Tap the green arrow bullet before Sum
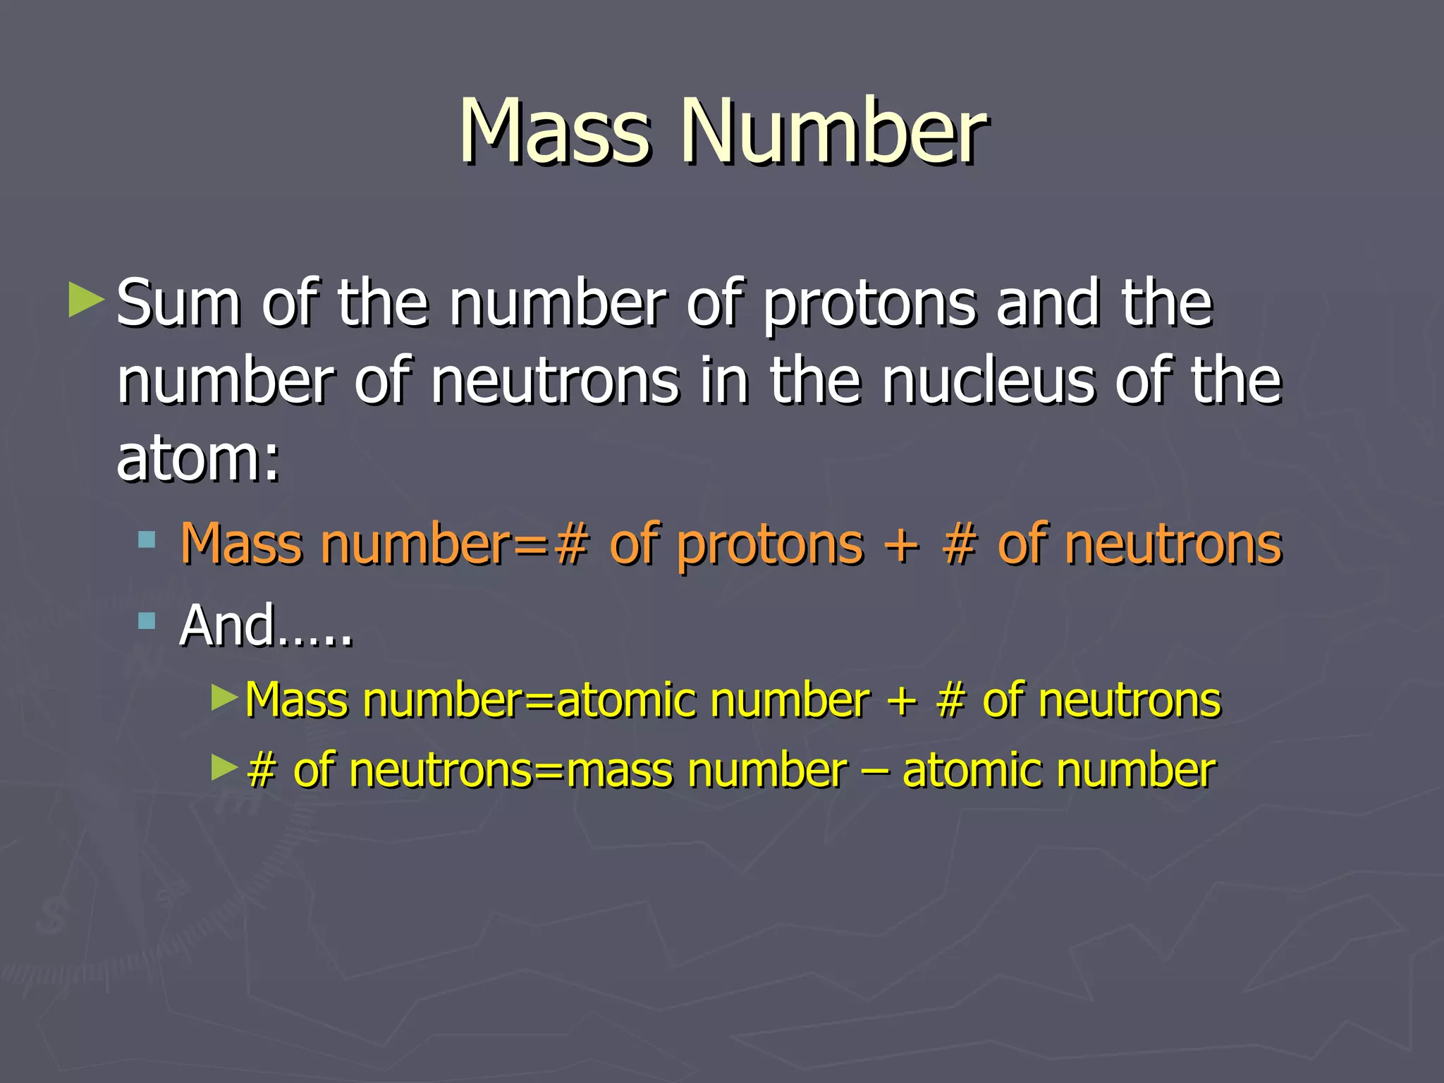coord(86,300)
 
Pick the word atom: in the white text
coord(198,458)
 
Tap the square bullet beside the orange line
coord(147,541)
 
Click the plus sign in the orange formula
coord(902,545)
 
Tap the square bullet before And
coord(147,621)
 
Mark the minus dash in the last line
coord(875,771)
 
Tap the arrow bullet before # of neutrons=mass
coord(225,767)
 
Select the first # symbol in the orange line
coord(571,545)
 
